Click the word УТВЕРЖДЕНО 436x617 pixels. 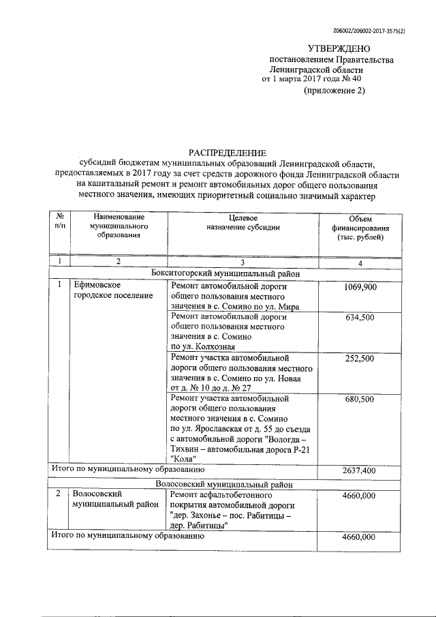coord(338,48)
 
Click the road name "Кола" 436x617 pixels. coord(183,459)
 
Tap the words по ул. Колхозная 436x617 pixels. coord(202,346)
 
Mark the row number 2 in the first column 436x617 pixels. coord(59,494)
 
